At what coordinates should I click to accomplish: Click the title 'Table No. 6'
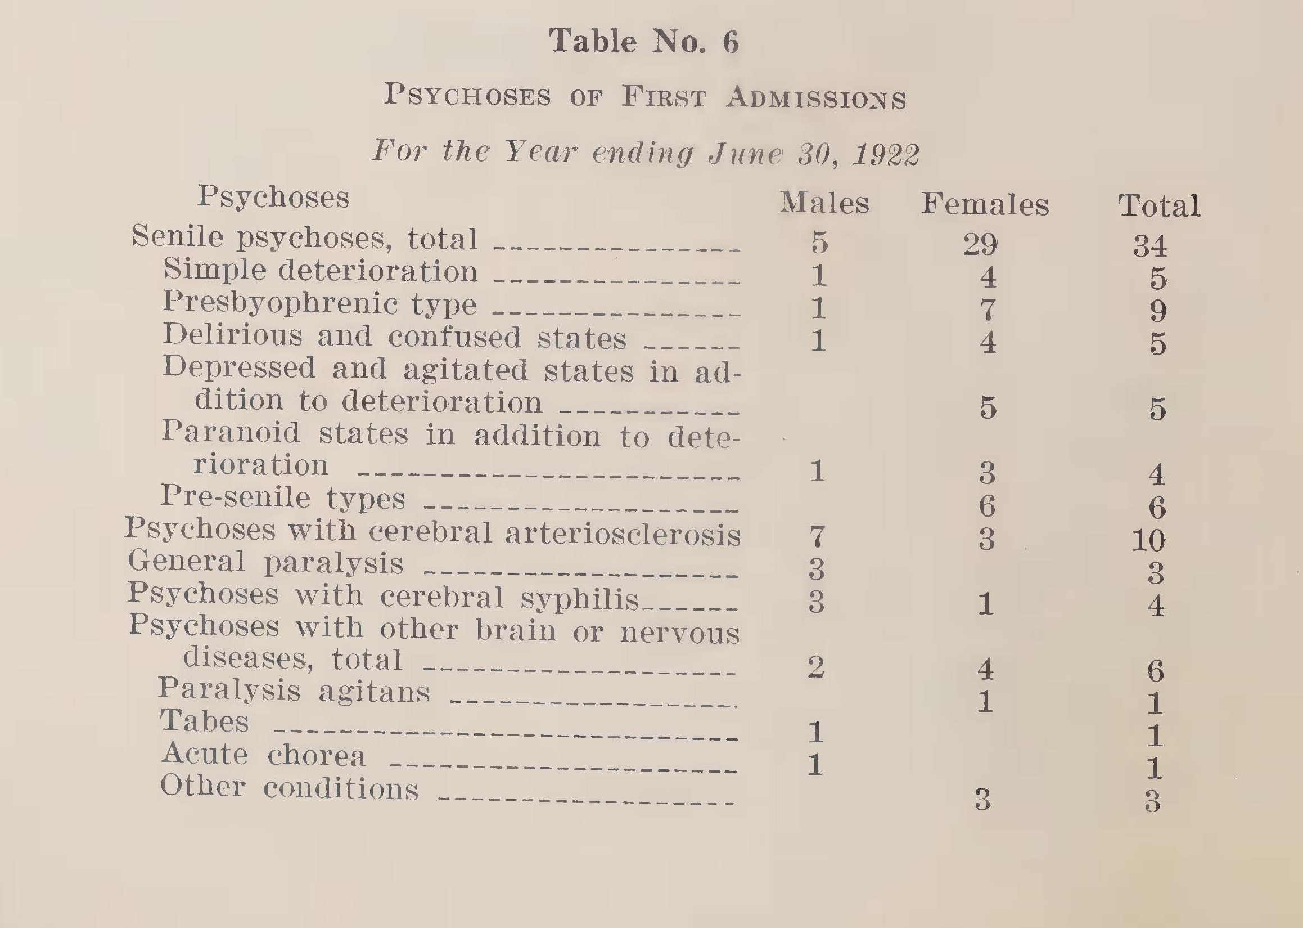pyautogui.click(x=643, y=42)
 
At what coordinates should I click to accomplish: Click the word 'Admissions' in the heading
pyautogui.click(x=816, y=98)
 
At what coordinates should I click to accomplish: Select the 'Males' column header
pyautogui.click(x=824, y=203)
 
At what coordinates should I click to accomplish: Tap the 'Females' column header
pyautogui.click(x=985, y=204)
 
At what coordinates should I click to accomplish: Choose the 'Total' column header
pyautogui.click(x=1158, y=206)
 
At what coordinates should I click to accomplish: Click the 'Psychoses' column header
pyautogui.click(x=273, y=197)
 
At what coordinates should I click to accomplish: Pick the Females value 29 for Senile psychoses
pyautogui.click(x=980, y=245)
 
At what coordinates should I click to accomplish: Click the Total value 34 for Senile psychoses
pyautogui.click(x=1150, y=246)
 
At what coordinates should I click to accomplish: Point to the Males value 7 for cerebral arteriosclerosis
pyautogui.click(x=817, y=536)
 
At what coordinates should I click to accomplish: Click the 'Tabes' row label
pyautogui.click(x=204, y=721)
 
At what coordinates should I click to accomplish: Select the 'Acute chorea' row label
pyautogui.click(x=263, y=755)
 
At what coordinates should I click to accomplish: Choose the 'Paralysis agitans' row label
pyautogui.click(x=294, y=690)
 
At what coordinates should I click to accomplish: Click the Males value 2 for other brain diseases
pyautogui.click(x=816, y=667)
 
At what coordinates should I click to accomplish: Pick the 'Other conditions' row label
pyautogui.click(x=289, y=787)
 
